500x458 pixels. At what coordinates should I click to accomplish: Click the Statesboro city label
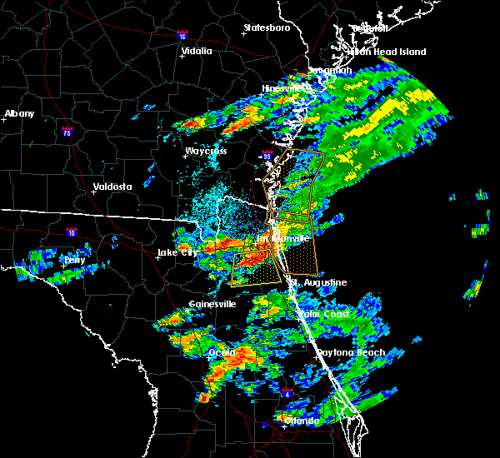point(267,27)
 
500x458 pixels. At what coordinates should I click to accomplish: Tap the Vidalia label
point(197,51)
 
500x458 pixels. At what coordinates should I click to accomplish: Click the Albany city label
point(21,113)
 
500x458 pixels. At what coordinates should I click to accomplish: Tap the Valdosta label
point(112,187)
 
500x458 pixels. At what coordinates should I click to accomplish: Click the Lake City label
point(178,252)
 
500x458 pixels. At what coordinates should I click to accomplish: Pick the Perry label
point(74,260)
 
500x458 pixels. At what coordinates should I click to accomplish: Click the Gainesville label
point(212,304)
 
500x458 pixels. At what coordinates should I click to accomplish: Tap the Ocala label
point(221,352)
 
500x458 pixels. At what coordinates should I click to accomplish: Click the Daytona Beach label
point(351,352)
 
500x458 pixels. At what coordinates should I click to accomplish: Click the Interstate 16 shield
point(182,37)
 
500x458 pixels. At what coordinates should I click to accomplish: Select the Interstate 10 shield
point(72,232)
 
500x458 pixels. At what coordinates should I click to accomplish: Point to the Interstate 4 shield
point(287,391)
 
